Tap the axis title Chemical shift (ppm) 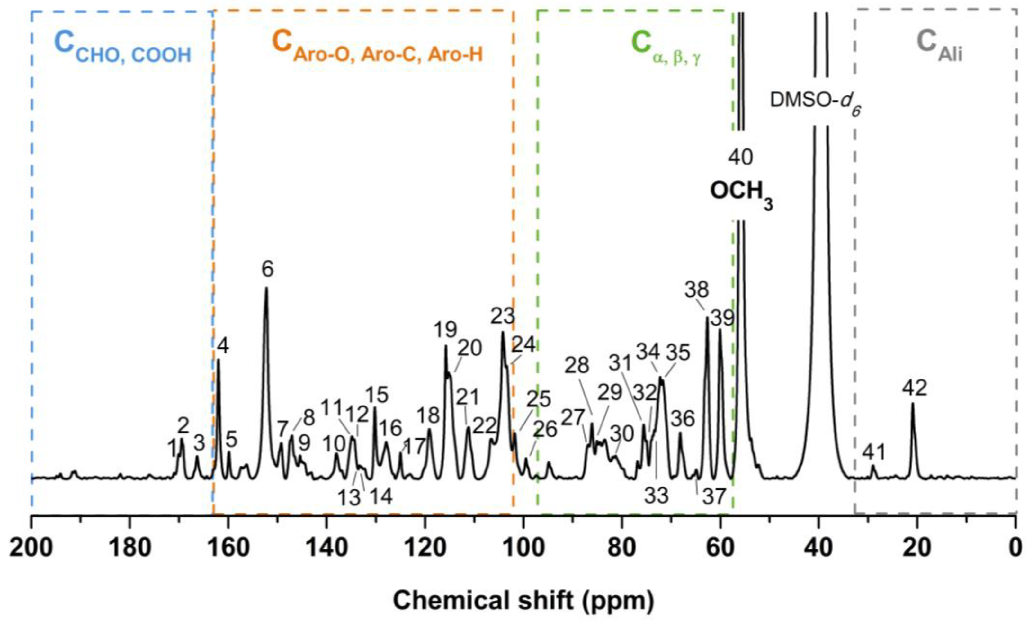pyautogui.click(x=523, y=601)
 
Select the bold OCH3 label pyautogui.click(x=741, y=193)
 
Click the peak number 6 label pyautogui.click(x=267, y=270)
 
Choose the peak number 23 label pyautogui.click(x=502, y=316)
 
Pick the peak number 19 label pyautogui.click(x=445, y=330)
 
